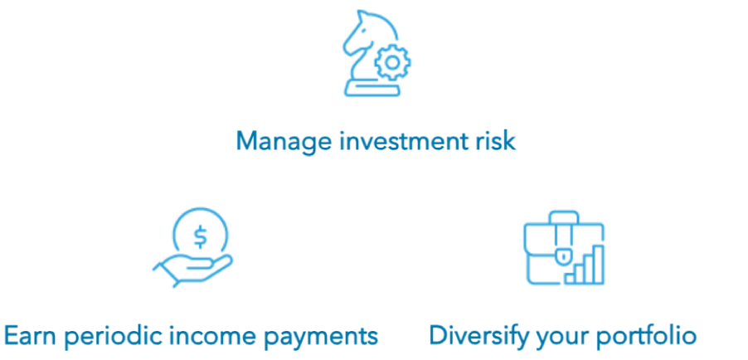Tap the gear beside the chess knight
(x=392, y=62)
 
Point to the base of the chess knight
(x=372, y=88)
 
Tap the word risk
(x=499, y=141)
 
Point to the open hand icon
(x=192, y=270)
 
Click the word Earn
(x=30, y=336)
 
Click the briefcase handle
(x=564, y=217)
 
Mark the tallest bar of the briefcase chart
(x=598, y=265)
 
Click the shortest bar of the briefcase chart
(x=570, y=279)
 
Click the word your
(x=559, y=338)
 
